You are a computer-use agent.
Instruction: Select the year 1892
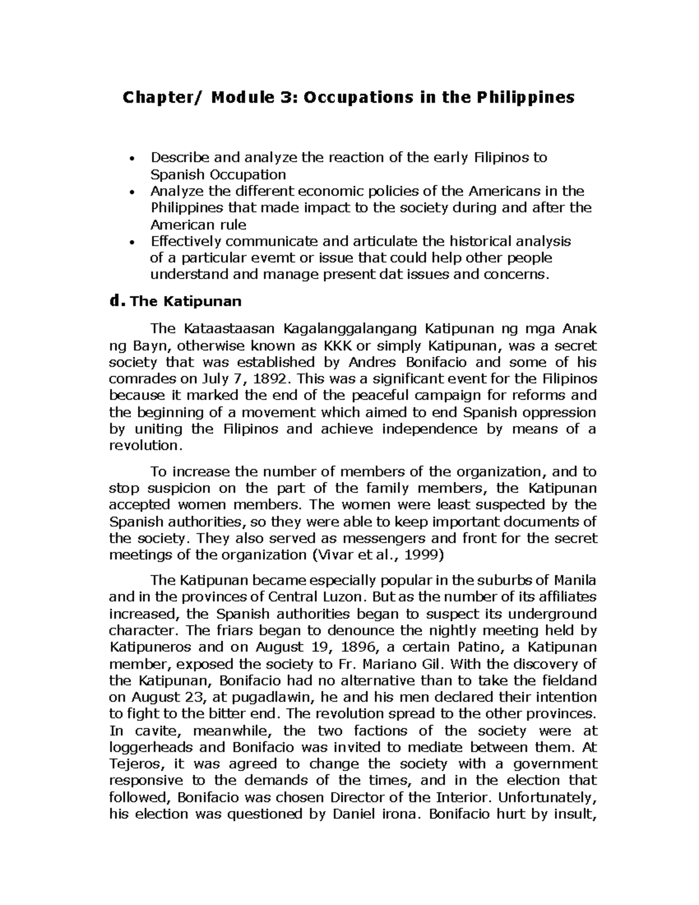coord(270,379)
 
